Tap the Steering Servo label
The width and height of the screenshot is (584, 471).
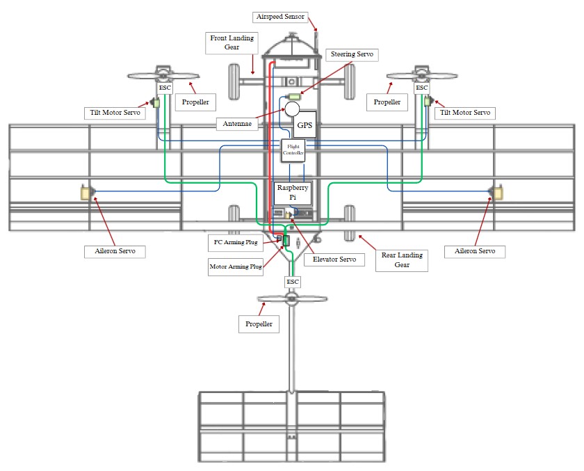pyautogui.click(x=353, y=54)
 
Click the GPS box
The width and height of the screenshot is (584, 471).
pyautogui.click(x=305, y=125)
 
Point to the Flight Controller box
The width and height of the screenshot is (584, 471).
pyautogui.click(x=293, y=151)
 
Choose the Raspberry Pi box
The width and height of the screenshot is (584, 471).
pyautogui.click(x=293, y=193)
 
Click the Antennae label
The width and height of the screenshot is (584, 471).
pyautogui.click(x=238, y=124)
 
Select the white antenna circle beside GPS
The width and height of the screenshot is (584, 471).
pyautogui.click(x=292, y=109)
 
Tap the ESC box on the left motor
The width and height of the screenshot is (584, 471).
pyautogui.click(x=164, y=88)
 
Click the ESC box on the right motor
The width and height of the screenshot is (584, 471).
pyautogui.click(x=421, y=88)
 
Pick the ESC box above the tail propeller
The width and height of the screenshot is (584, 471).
pyautogui.click(x=293, y=281)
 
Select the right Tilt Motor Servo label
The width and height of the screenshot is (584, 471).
pyautogui.click(x=465, y=113)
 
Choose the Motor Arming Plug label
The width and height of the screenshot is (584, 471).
pyautogui.click(x=236, y=266)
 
